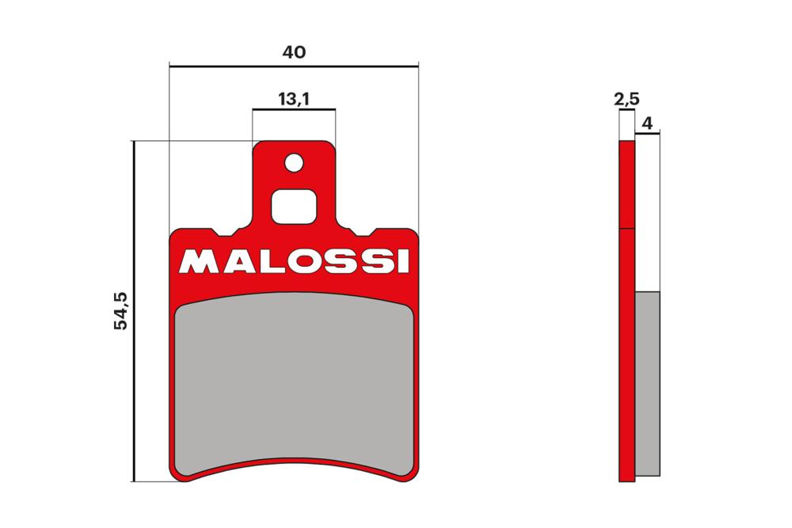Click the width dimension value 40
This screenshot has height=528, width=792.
coord(294,52)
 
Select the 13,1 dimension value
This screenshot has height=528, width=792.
coord(293,99)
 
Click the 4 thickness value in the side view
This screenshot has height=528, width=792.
coord(647,123)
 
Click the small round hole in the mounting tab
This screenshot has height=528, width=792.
coord(295,163)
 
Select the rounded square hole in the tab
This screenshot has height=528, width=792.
coord(294,207)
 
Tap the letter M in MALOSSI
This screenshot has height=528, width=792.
coord(196,261)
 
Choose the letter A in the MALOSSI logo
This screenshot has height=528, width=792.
coord(235,261)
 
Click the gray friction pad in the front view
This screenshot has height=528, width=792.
coord(294,380)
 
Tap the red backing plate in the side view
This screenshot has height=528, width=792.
coord(626,317)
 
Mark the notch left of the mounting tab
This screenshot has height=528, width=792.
coord(227,234)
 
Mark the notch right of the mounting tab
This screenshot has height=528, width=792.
coord(362,234)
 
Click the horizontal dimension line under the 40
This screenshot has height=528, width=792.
coord(294,66)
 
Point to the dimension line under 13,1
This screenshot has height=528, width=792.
coord(294,110)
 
